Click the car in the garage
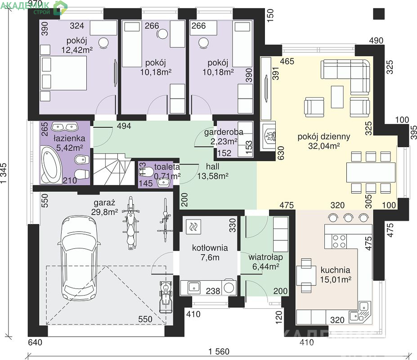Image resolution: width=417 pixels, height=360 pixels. pyautogui.click(x=79, y=259)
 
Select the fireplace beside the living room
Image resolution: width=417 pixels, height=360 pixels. pyautogui.click(x=268, y=137)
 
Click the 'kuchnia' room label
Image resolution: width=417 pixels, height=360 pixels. pyautogui.click(x=335, y=270)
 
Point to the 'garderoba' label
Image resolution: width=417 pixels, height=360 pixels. pyautogui.click(x=224, y=132)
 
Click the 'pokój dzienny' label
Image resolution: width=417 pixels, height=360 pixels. pyautogui.click(x=323, y=137)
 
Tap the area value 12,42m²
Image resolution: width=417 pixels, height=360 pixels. pyautogui.click(x=77, y=50)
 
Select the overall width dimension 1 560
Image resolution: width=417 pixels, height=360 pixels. pyautogui.click(x=219, y=352)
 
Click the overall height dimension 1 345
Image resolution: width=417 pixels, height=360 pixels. pyautogui.click(x=4, y=173)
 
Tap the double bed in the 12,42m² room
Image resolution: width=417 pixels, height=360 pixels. pyautogui.click(x=63, y=72)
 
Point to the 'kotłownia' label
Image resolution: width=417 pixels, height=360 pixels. pyautogui.click(x=210, y=248)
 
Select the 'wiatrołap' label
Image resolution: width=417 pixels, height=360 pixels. pyautogui.click(x=265, y=257)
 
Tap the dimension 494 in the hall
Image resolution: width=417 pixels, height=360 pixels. pyautogui.click(x=124, y=126)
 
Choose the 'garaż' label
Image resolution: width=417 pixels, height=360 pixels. pyautogui.click(x=104, y=203)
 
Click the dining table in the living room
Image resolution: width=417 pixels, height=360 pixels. pyautogui.click(x=371, y=172)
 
